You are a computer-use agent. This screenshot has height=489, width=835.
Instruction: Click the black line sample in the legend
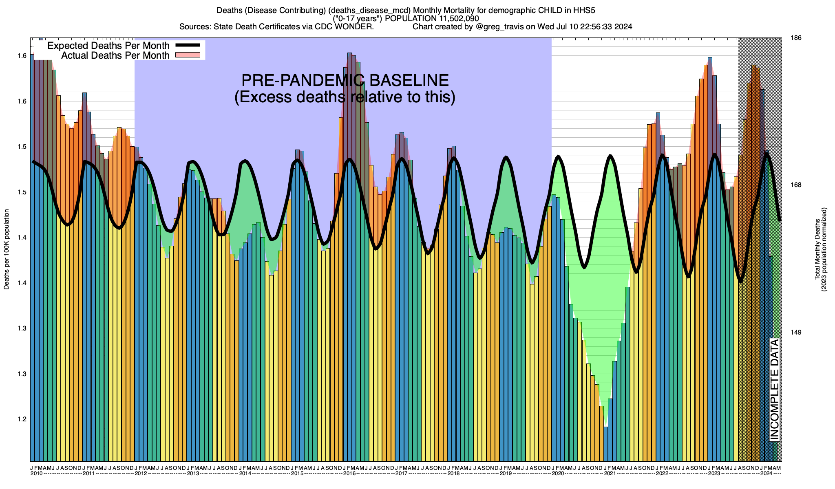[x=188, y=45]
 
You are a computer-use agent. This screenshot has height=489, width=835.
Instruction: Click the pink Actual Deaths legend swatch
[x=188, y=55]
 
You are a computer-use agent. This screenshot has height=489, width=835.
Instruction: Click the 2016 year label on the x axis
[x=349, y=474]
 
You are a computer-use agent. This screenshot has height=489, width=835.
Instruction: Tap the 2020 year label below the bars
[x=558, y=474]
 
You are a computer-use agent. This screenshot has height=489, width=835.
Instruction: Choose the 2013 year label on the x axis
[x=193, y=474]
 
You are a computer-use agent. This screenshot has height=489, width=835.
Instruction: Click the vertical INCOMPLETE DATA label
[x=775, y=389]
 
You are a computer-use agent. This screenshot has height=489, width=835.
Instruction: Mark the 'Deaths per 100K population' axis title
[x=7, y=249]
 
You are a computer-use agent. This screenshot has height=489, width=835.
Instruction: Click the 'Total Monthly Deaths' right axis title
[x=817, y=249]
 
